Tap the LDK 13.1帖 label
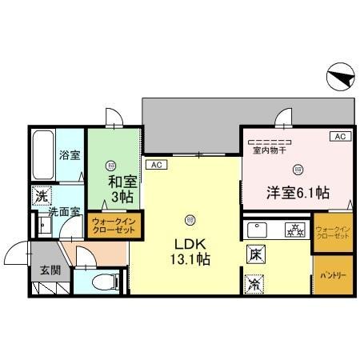click(x=189, y=250)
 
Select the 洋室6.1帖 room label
click(x=298, y=192)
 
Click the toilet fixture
click(x=103, y=281)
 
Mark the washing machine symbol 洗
click(x=40, y=196)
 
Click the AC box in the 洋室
click(x=338, y=137)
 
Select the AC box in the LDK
click(x=157, y=166)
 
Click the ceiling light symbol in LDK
click(x=190, y=218)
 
